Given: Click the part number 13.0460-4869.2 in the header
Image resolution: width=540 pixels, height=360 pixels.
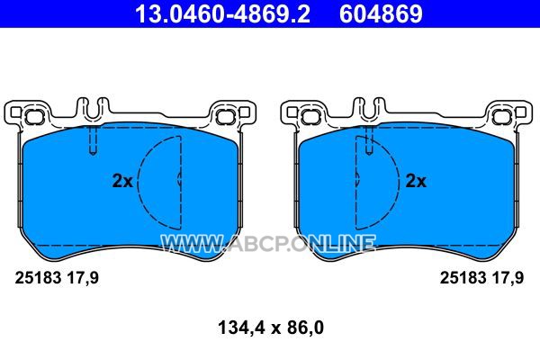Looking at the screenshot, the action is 223,13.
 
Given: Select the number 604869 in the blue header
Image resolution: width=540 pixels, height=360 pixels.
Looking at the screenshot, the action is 381,13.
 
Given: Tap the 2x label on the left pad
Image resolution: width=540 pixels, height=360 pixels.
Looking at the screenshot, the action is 122,181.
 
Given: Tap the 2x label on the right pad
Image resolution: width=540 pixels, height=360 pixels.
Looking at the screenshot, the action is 416,181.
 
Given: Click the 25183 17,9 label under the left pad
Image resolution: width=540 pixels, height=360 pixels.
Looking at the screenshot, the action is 57,278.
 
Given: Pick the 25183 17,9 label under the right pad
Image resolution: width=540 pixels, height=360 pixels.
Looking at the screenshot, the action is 481,278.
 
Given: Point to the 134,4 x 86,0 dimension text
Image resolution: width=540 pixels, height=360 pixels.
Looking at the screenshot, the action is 271,328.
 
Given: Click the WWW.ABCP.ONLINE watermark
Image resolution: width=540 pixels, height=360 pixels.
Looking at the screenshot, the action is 268,243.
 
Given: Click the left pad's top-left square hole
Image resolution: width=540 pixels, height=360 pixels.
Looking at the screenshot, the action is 15,112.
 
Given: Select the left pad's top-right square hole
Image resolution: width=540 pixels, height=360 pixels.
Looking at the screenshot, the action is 244,112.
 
